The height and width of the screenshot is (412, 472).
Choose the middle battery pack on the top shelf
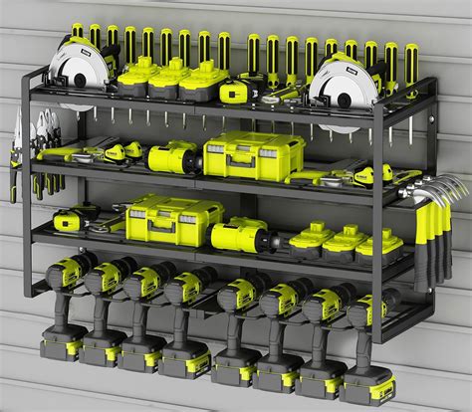point(166,77)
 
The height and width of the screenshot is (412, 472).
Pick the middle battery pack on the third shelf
point(343,241)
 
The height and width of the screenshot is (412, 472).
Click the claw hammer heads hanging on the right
point(438,191)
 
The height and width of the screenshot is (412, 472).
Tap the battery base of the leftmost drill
point(61,347)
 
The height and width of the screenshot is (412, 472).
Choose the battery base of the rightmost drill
point(367,388)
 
